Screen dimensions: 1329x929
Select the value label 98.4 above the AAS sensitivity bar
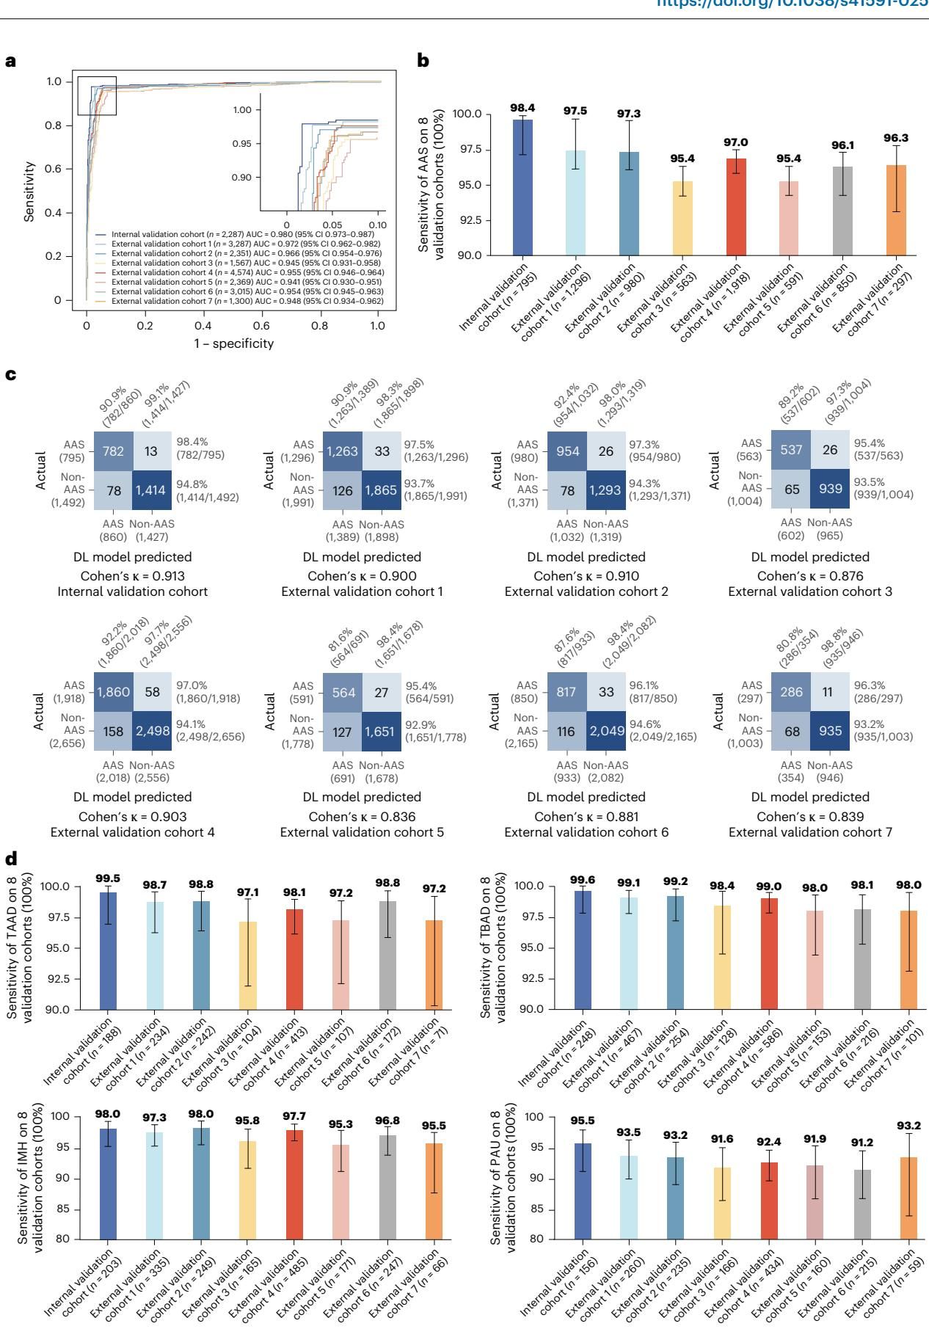coord(522,108)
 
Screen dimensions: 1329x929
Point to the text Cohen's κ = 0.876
coord(809,576)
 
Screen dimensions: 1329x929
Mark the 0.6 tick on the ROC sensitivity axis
coord(58,169)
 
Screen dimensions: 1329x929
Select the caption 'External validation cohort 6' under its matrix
coord(586,832)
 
